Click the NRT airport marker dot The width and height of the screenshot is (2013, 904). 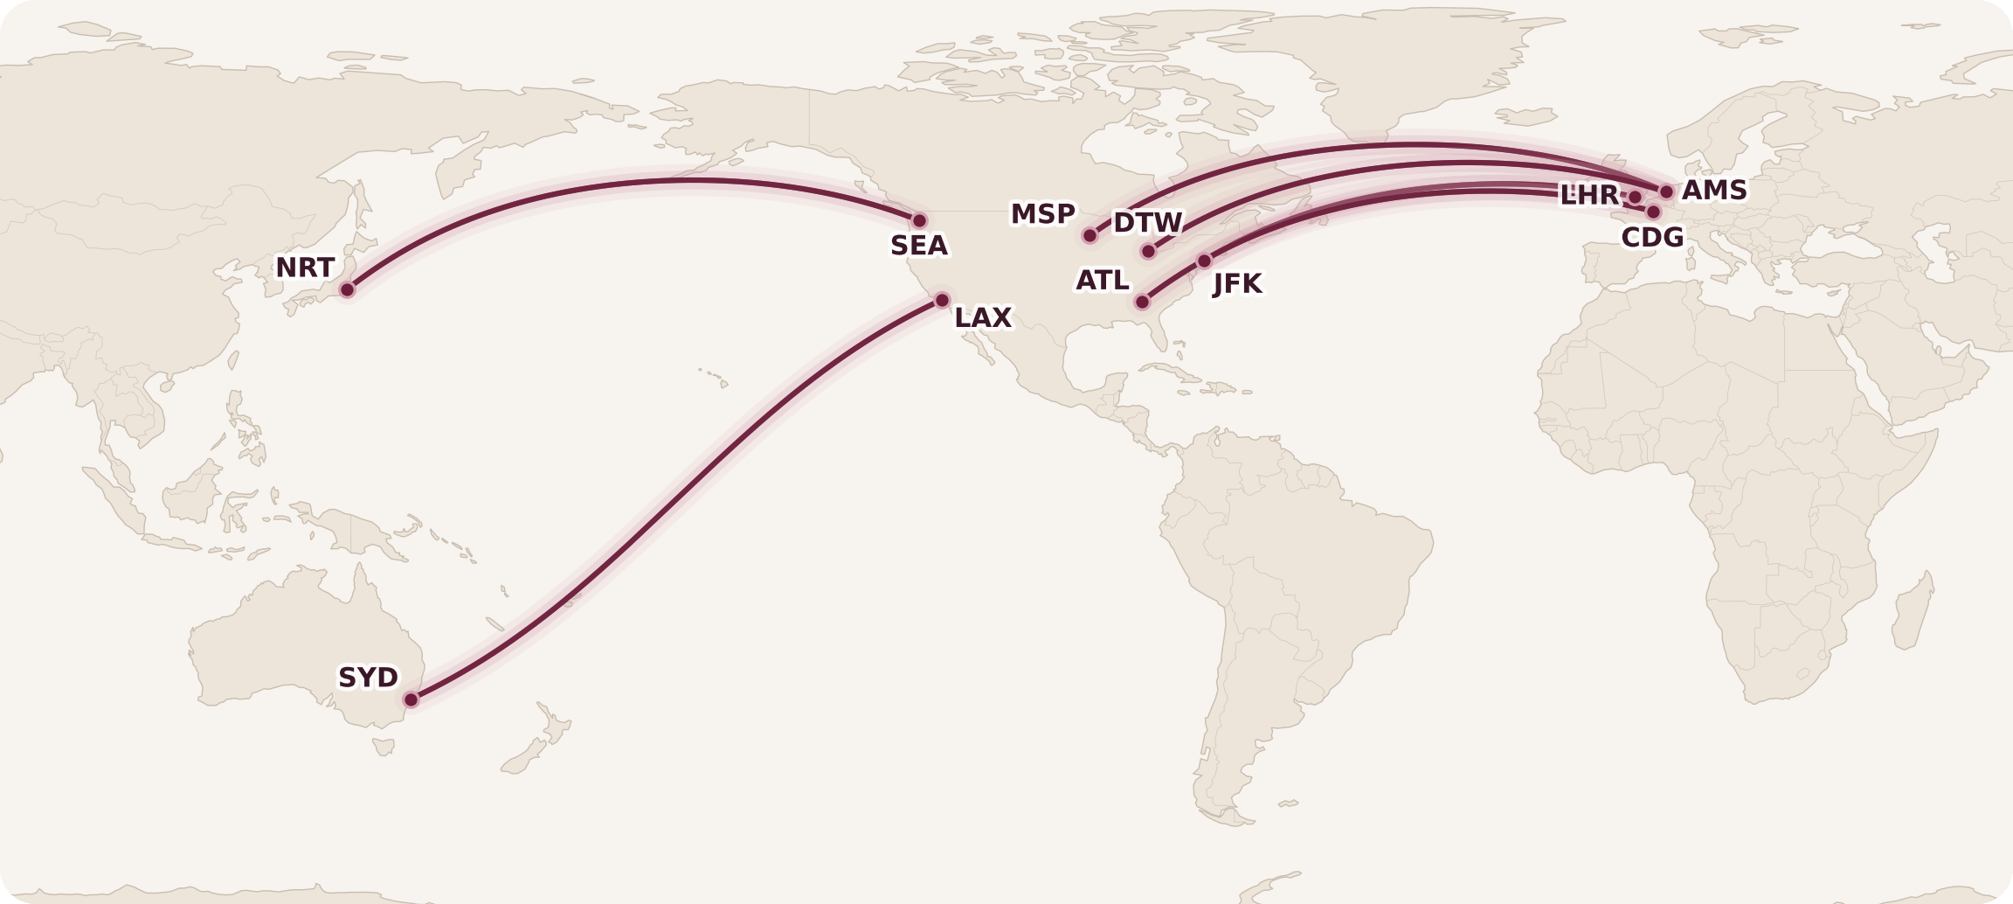[x=347, y=289]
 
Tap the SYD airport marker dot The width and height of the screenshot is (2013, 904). [x=411, y=699]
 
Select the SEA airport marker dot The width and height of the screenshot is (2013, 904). [x=919, y=220]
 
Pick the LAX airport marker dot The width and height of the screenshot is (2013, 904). [x=942, y=301]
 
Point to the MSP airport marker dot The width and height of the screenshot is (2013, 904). [x=1090, y=235]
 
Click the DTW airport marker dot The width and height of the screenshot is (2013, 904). [x=1148, y=252]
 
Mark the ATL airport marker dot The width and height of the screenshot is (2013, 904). [x=1142, y=302]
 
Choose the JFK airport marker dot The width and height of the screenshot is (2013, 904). [x=1204, y=261]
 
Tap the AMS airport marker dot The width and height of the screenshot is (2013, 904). [x=1666, y=191]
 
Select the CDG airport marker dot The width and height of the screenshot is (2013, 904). [x=1653, y=212]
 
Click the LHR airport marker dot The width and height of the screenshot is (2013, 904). [x=1635, y=198]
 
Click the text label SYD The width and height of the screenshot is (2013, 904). [x=368, y=678]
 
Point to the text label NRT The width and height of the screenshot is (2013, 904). [x=305, y=268]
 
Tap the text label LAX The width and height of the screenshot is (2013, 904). [x=983, y=318]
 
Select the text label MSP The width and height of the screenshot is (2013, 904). [x=1042, y=214]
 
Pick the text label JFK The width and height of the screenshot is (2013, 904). [x=1237, y=284]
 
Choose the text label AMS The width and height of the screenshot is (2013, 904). [x=1714, y=191]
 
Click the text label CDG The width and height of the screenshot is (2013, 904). [x=1652, y=238]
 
